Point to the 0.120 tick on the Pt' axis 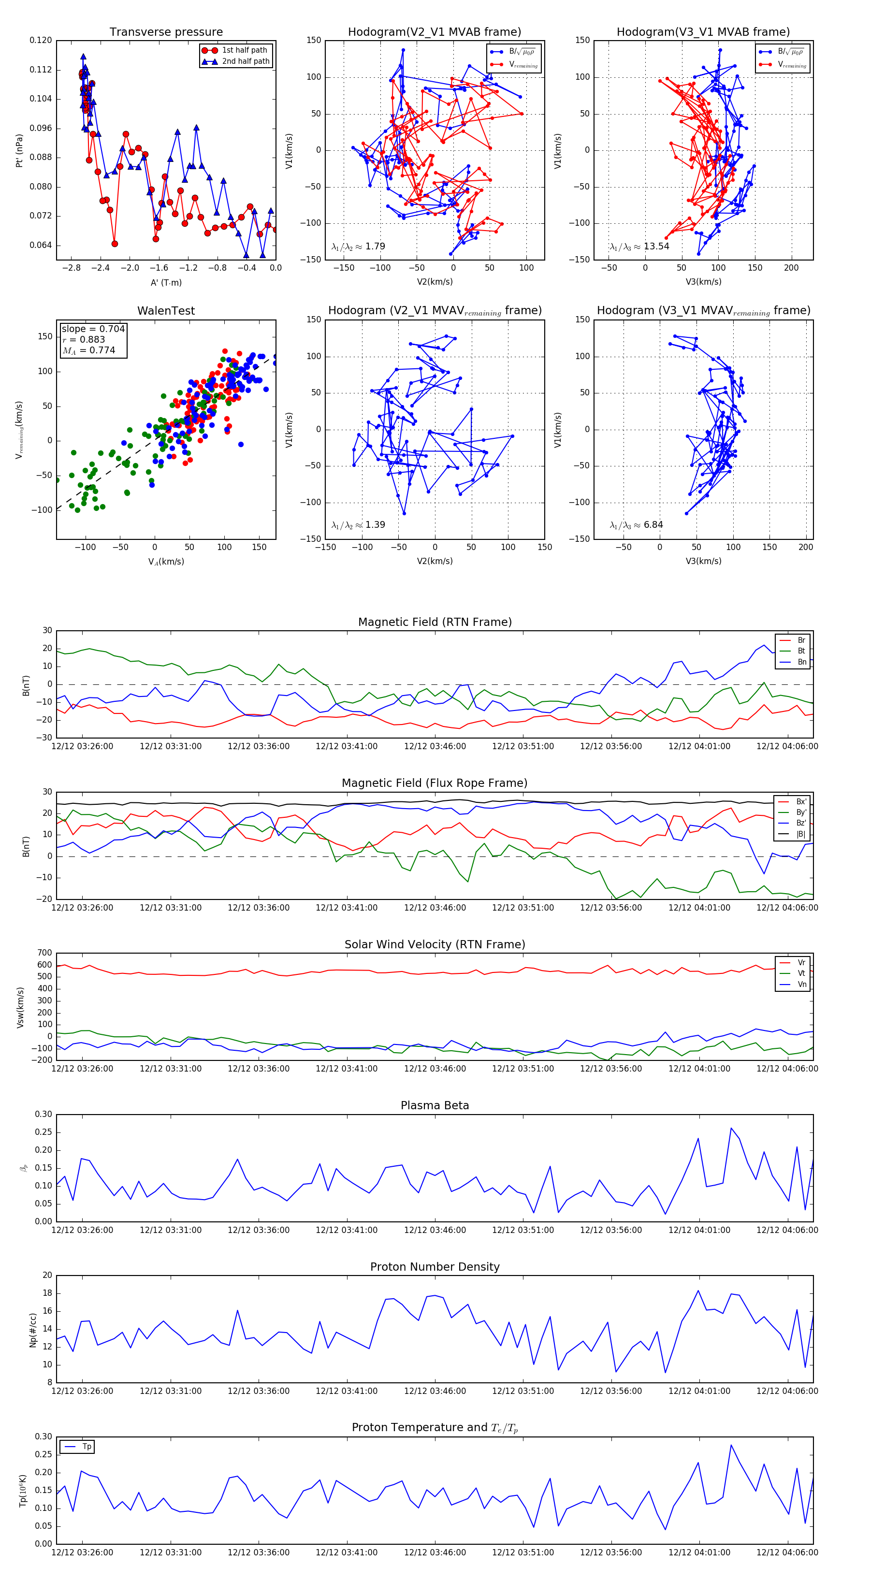pos(41,40)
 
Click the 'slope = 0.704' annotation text pos(93,329)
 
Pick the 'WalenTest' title pos(166,311)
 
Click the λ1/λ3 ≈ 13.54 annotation pos(639,246)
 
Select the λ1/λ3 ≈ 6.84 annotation pos(636,525)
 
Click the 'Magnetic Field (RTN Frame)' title pos(435,622)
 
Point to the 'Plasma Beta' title pos(435,1106)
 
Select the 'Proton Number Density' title pos(435,1267)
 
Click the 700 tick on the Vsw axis pos(44,953)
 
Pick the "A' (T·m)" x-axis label pos(166,283)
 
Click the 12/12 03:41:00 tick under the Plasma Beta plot pos(346,1230)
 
